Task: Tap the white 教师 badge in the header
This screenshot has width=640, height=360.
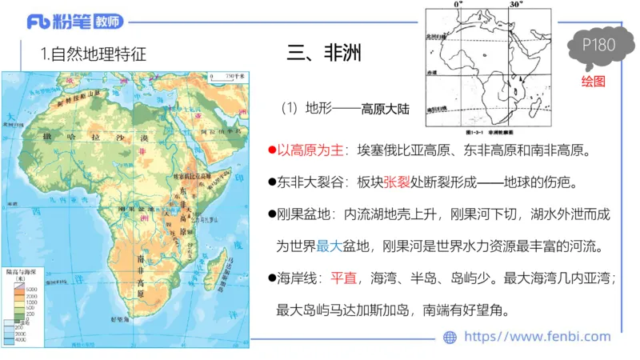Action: [x=110, y=22]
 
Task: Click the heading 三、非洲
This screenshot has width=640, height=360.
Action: [x=324, y=54]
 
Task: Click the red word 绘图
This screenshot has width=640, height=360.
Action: [x=593, y=82]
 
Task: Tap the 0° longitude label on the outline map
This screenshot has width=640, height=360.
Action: [x=458, y=5]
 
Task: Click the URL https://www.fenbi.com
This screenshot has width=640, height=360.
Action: [x=537, y=337]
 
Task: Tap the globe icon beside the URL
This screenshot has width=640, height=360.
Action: [x=450, y=338]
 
